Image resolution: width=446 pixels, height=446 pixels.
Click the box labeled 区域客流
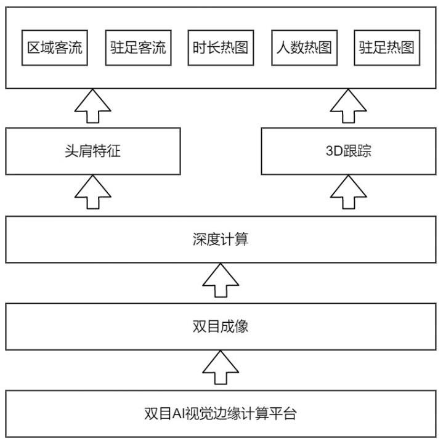point(55,48)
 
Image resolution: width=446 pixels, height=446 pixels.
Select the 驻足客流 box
point(138,48)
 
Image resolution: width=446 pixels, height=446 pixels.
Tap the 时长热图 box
point(221,48)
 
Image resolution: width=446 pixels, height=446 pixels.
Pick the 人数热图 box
point(304,48)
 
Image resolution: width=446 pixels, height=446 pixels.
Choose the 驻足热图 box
point(387,48)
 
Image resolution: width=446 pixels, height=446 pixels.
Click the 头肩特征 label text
point(93,151)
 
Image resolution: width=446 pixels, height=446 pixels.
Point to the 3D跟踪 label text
point(349,151)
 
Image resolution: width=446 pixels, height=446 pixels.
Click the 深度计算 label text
point(221,239)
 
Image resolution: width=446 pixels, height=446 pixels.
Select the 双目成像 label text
point(221,326)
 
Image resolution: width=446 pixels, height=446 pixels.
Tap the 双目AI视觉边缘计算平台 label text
point(221,413)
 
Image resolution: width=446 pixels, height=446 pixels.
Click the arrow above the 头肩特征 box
point(93,106)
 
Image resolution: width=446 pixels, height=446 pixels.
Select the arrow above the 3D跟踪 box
point(349,106)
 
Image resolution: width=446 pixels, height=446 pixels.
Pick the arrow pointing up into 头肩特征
point(93,192)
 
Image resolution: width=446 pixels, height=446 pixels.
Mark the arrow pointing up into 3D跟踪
point(349,192)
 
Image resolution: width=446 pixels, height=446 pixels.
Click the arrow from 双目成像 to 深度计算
point(221,280)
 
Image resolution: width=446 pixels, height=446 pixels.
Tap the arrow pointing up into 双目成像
point(221,368)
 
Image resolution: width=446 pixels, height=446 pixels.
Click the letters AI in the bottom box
point(179,414)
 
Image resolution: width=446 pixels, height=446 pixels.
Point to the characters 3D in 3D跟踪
point(334,151)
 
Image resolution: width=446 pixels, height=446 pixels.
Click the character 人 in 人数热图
point(283,47)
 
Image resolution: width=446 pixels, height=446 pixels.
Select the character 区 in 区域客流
point(33,47)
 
